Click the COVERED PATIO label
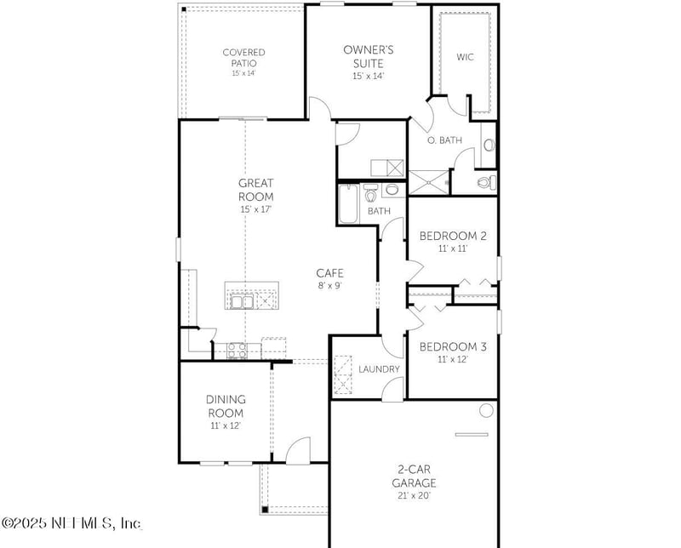click(x=243, y=57)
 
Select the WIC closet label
click(x=465, y=57)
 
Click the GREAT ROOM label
click(x=255, y=189)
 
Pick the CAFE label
click(x=329, y=273)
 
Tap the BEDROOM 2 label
click(x=453, y=236)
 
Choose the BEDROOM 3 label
click(x=453, y=346)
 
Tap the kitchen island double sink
click(x=241, y=300)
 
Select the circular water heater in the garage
click(x=486, y=411)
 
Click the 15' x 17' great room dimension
click(x=255, y=208)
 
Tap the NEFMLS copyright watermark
click(x=72, y=522)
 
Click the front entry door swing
click(x=298, y=451)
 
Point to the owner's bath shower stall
click(x=428, y=183)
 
